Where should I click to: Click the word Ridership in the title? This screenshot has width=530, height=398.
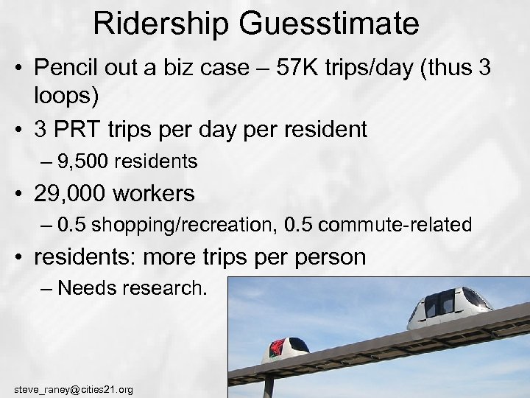160,24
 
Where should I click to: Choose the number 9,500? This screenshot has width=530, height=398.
86,161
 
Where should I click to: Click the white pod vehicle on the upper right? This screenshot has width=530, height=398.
450,307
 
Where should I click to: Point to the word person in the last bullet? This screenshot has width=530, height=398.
324,257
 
